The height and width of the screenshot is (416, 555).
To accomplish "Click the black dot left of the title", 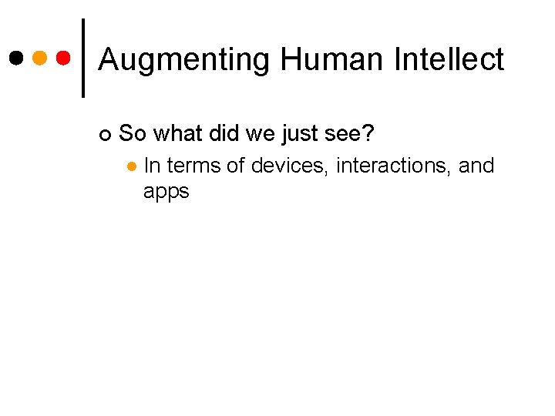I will [16, 58].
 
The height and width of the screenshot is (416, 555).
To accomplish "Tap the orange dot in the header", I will [40, 58].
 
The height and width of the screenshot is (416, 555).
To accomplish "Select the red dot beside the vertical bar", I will [64, 58].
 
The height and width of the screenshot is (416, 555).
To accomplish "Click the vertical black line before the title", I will [83, 58].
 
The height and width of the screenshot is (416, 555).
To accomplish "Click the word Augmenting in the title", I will [183, 60].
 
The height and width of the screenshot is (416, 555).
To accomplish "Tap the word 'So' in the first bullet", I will [133, 134].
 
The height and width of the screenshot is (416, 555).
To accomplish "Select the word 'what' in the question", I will [177, 134].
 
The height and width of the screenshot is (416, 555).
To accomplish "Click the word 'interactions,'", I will [393, 166].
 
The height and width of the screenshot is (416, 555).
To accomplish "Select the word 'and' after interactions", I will [476, 166].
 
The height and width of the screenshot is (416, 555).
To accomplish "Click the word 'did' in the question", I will [222, 134].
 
